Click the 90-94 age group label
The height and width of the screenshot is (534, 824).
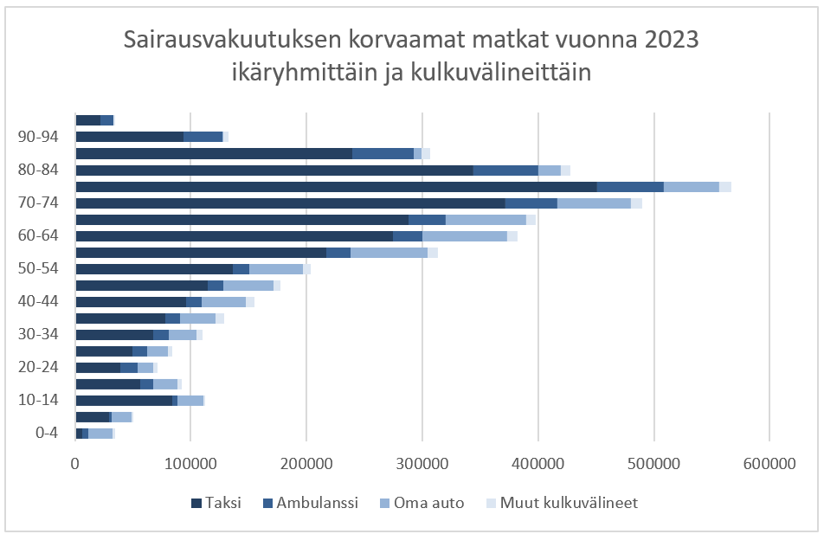[x=38, y=137]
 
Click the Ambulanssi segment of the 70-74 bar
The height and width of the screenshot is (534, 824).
[x=531, y=203]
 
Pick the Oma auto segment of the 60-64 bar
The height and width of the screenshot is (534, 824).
[x=464, y=236]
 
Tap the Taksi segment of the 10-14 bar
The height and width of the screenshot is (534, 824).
[x=124, y=401]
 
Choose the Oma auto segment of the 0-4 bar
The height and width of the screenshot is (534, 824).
[x=100, y=434]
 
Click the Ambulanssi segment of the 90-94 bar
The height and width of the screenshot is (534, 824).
[x=203, y=137]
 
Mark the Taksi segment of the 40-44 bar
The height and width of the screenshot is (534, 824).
[x=131, y=302]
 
